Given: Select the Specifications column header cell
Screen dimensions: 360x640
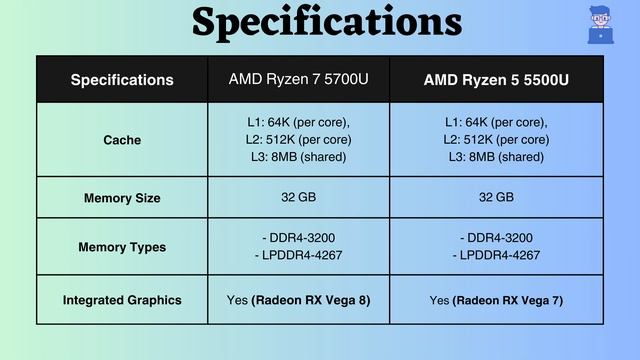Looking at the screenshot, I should tap(122, 80).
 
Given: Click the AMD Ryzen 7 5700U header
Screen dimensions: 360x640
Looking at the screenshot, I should tap(297, 78).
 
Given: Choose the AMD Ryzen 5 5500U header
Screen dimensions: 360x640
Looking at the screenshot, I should tap(497, 79).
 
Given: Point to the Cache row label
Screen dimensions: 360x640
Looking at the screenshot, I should tap(122, 140).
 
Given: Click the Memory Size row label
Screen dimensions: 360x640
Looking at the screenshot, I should tap(122, 198).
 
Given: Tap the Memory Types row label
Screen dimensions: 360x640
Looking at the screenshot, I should tap(122, 247).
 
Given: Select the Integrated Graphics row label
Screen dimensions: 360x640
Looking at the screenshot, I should tap(122, 300).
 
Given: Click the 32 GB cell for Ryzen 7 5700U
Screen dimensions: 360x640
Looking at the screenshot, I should tap(297, 197).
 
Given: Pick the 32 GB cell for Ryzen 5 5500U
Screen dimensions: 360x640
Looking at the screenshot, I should tap(497, 197).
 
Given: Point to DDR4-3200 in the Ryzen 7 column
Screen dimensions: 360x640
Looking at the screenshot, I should tap(297, 238).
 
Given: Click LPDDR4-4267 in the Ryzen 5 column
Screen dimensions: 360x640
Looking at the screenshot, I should tap(497, 255).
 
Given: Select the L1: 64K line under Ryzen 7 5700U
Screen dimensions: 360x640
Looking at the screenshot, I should tap(297, 122).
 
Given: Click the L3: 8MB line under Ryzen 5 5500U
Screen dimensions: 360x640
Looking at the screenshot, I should tap(497, 157).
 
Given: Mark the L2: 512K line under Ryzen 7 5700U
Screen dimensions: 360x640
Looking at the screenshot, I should tap(297, 140).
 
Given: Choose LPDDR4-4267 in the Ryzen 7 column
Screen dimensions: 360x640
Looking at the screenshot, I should tap(297, 255).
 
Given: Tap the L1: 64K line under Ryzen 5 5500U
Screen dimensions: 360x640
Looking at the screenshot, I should tap(497, 122).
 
